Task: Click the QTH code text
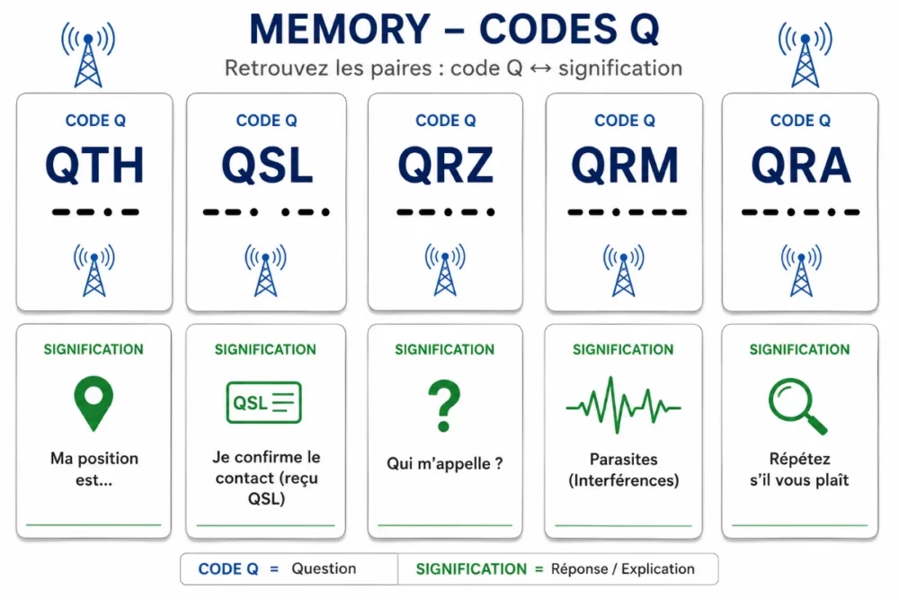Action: pos(94,166)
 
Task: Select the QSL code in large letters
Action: pos(267,166)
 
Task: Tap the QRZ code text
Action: pos(446,166)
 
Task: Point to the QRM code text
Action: pos(625,166)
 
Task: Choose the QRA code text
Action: pos(801,166)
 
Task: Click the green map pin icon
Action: pos(93,403)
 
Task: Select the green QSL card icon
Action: pos(264,402)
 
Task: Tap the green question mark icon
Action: pos(444,406)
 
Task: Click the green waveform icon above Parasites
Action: pos(623,406)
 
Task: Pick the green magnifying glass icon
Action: pos(797,406)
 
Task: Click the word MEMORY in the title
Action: pos(340,29)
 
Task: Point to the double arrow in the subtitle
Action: pos(540,69)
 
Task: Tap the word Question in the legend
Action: pos(324,569)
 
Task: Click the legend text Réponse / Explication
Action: pos(623,569)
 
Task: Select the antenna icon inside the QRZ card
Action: pos(445,270)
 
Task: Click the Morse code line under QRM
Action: pos(627,212)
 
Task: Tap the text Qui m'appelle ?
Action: pos(445,463)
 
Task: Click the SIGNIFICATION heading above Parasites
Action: pos(623,349)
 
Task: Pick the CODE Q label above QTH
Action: pos(95,121)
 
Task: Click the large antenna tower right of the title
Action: pos(805,55)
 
